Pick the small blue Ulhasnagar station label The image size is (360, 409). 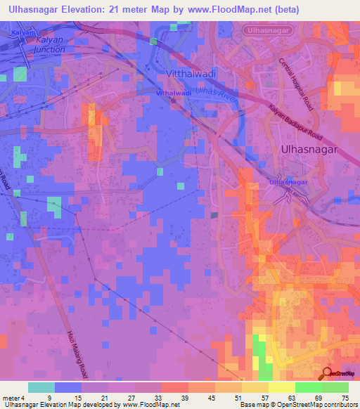pos(289,183)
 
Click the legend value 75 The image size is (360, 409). pos(345,398)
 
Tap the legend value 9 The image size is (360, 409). pos(49,398)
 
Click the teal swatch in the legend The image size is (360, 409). pos(41,387)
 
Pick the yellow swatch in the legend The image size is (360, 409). pos(281,387)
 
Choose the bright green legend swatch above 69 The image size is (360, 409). pos(308,387)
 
